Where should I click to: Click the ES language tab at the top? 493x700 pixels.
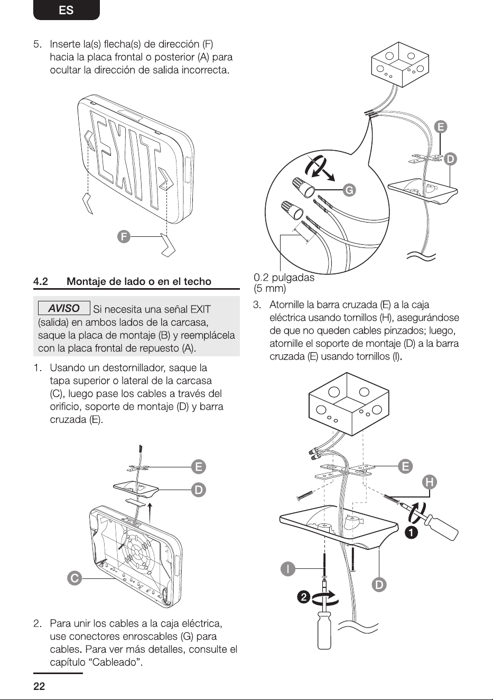pyautogui.click(x=66, y=10)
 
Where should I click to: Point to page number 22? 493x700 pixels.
pyautogui.click(x=39, y=686)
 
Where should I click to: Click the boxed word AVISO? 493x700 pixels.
pyautogui.click(x=64, y=308)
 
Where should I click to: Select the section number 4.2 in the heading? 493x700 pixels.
pyautogui.click(x=41, y=282)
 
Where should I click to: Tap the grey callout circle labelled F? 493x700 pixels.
pyautogui.click(x=124, y=236)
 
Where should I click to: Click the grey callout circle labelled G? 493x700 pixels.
pyautogui.click(x=349, y=190)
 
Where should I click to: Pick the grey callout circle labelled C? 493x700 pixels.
pyautogui.click(x=75, y=578)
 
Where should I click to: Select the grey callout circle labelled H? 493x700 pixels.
pyautogui.click(x=430, y=482)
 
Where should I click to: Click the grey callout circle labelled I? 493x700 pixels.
pyautogui.click(x=288, y=569)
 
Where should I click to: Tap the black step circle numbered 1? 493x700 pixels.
pyautogui.click(x=411, y=532)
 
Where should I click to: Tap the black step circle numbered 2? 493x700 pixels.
pyautogui.click(x=304, y=597)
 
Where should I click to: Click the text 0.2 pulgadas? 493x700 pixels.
pyautogui.click(x=284, y=277)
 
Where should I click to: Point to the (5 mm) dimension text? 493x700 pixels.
pyautogui.click(x=269, y=288)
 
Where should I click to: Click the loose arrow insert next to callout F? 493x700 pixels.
pyautogui.click(x=168, y=245)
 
